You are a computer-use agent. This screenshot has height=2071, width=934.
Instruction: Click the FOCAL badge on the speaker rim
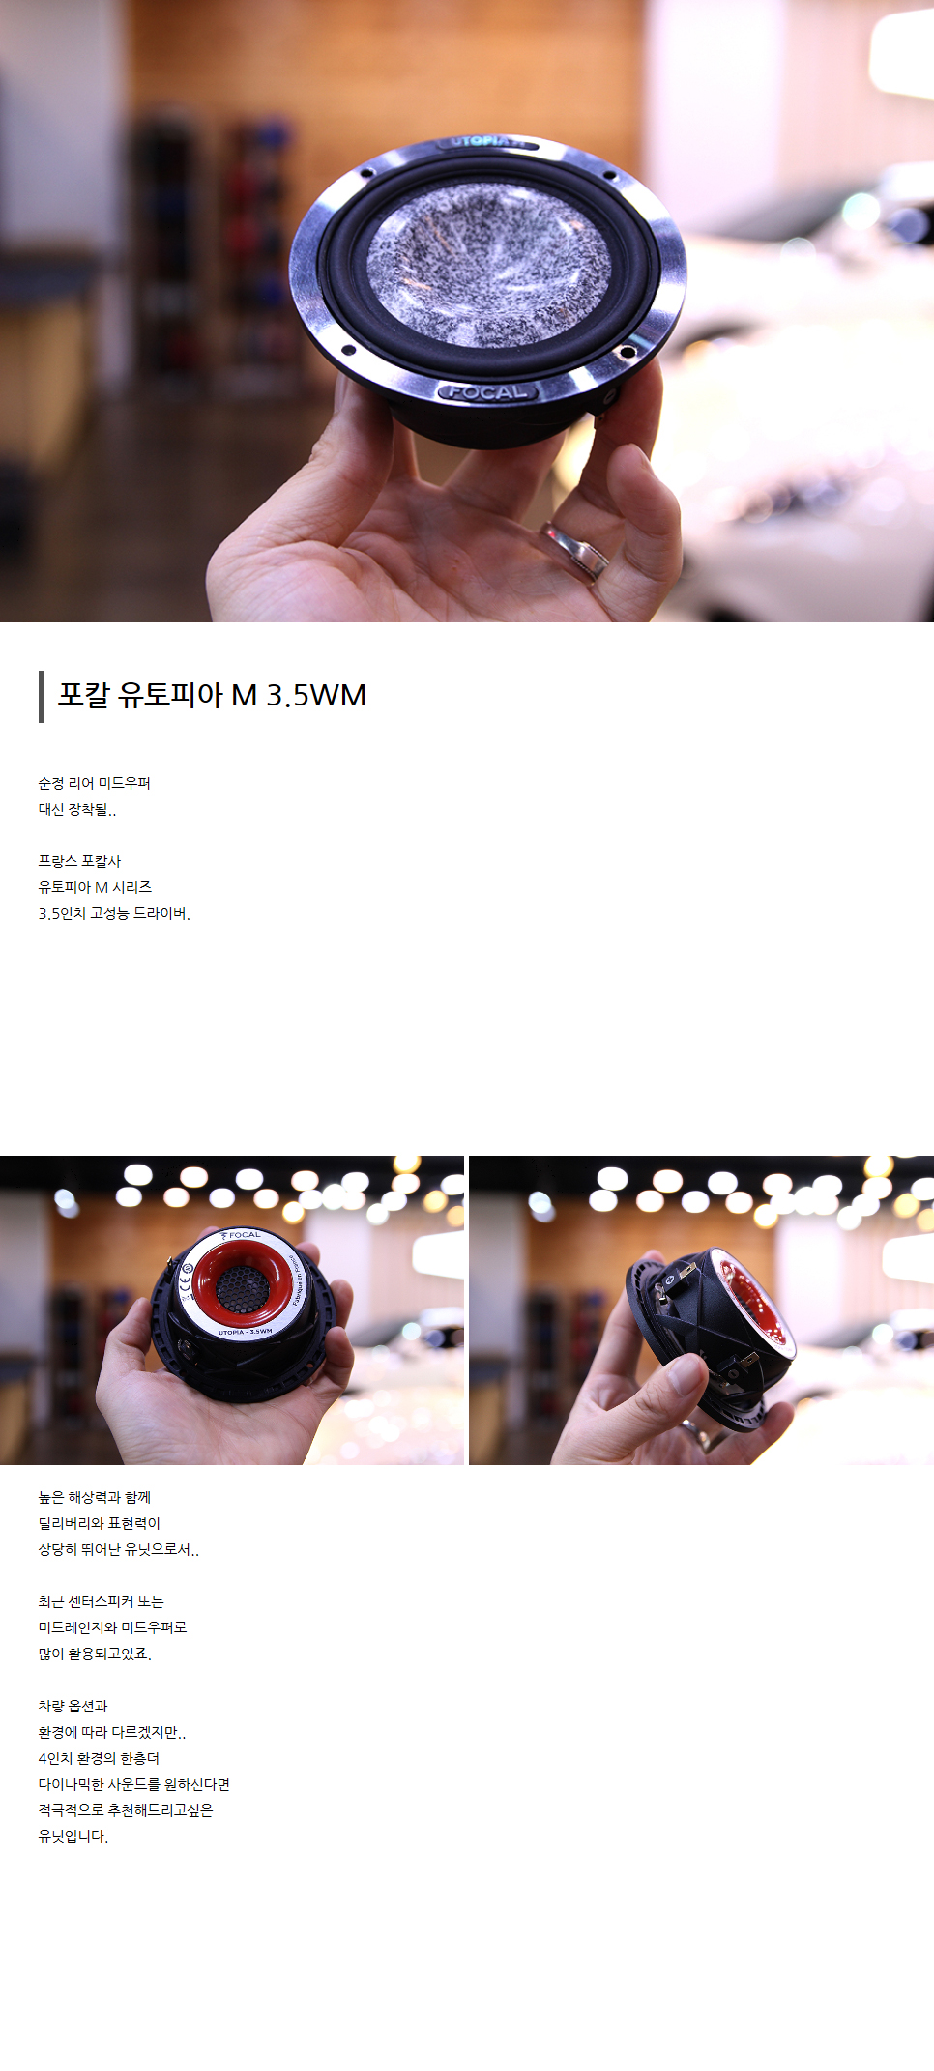[488, 391]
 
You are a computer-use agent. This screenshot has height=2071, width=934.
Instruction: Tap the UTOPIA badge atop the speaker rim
[487, 142]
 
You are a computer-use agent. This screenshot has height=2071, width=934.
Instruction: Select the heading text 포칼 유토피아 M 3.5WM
[212, 695]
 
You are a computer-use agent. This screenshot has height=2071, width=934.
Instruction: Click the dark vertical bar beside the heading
[42, 696]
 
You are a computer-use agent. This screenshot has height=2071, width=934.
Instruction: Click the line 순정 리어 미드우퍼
[95, 783]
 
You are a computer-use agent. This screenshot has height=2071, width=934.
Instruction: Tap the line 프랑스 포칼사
[80, 861]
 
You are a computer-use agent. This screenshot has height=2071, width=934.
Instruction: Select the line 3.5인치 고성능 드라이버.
[114, 913]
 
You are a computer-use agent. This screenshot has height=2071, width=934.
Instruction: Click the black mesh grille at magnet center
[240, 1285]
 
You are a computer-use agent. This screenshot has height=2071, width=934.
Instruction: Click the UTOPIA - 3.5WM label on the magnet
[246, 1332]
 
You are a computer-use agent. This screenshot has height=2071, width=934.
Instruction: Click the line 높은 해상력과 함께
[95, 1497]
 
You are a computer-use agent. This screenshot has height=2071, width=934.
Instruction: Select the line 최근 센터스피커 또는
[102, 1601]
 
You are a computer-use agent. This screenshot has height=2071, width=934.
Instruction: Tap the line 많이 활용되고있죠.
[95, 1654]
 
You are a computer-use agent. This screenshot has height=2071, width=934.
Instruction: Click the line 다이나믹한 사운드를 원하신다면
[134, 1784]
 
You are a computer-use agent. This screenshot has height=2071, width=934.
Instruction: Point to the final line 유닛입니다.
[73, 1836]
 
